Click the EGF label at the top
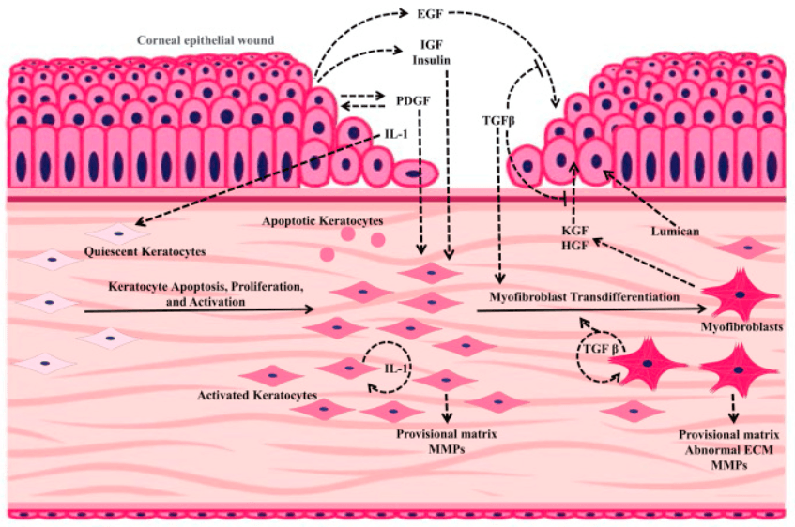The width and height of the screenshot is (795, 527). (430, 14)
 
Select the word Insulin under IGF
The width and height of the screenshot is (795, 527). (431, 60)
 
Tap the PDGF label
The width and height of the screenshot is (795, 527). (413, 100)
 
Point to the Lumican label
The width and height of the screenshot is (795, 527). (675, 231)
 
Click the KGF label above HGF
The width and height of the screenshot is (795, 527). (575, 231)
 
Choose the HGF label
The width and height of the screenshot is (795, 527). (575, 246)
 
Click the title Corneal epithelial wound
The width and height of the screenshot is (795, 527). (206, 40)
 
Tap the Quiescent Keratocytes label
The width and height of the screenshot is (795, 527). (145, 251)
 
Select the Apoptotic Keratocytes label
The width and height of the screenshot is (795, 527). (323, 221)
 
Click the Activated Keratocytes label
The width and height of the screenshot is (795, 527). (257, 395)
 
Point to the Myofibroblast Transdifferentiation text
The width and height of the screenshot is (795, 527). (584, 296)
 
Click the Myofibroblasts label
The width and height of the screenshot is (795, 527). (741, 327)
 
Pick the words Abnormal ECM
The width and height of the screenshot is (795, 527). (729, 450)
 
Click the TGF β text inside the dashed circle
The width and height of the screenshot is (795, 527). (601, 349)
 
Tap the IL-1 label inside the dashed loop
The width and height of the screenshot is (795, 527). (396, 369)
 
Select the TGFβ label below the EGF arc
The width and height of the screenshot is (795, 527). (498, 121)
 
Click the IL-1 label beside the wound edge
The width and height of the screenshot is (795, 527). (396, 134)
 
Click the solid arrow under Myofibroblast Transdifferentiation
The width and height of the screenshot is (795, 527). (591, 309)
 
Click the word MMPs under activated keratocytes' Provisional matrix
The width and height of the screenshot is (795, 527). (447, 449)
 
